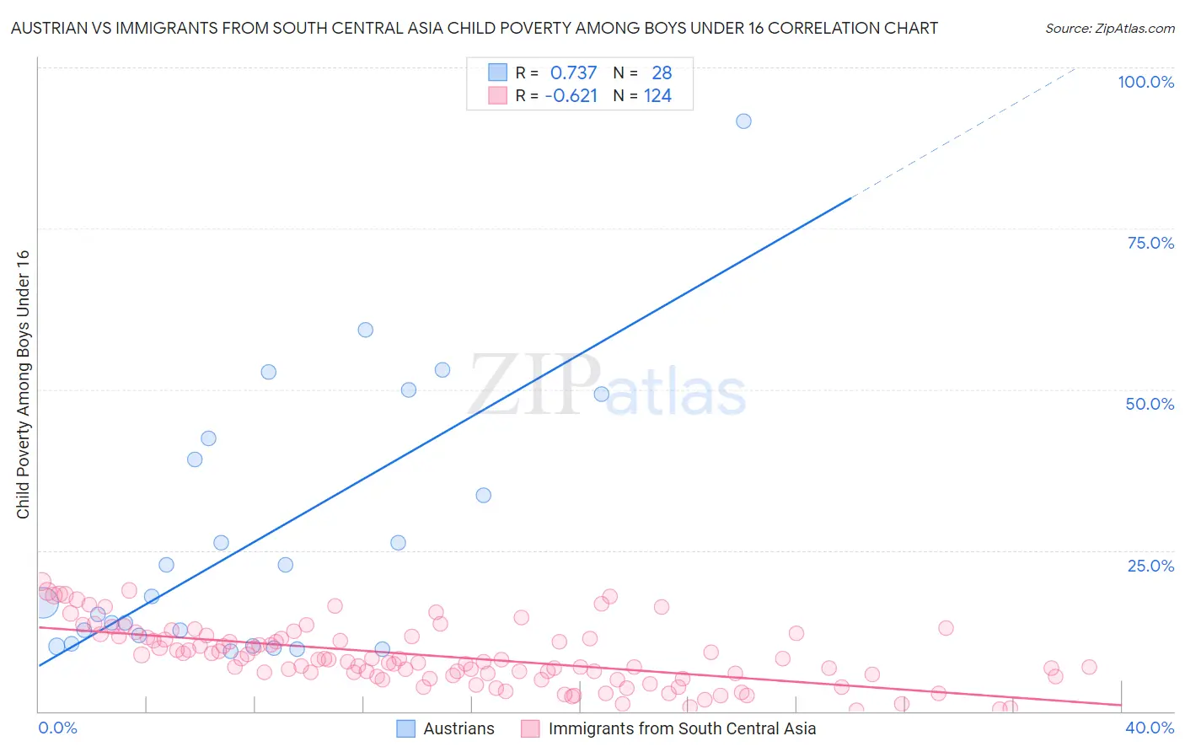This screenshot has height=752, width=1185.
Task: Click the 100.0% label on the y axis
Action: pyautogui.click(x=1145, y=82)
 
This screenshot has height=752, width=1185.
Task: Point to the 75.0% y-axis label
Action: pyautogui.click(x=1150, y=243)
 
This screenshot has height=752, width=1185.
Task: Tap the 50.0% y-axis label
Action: pyautogui.click(x=1150, y=404)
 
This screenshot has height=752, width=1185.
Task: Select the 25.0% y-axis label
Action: pyautogui.click(x=1150, y=566)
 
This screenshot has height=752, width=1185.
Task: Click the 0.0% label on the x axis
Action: pyautogui.click(x=57, y=728)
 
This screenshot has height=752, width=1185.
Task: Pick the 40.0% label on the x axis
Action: pyautogui.click(x=1150, y=728)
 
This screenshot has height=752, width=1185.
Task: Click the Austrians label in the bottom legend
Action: pyautogui.click(x=458, y=728)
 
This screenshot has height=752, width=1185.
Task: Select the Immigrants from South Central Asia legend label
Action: pyautogui.click(x=682, y=728)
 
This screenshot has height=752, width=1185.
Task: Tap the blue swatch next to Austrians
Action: pyautogui.click(x=406, y=728)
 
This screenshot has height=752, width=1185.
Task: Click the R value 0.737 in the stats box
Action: pyautogui.click(x=573, y=73)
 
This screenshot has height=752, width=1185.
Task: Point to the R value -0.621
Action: pyautogui.click(x=571, y=96)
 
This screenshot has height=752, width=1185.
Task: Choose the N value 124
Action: pyautogui.click(x=657, y=96)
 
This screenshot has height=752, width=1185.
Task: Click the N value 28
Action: pyautogui.click(x=662, y=73)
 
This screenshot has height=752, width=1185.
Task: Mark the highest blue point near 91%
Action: pyautogui.click(x=743, y=121)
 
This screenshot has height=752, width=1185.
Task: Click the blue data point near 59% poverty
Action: pyautogui.click(x=365, y=330)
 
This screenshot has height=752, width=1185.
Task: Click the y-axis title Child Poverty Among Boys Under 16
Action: pyautogui.click(x=23, y=384)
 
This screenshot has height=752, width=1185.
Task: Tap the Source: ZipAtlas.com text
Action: pyautogui.click(x=1109, y=29)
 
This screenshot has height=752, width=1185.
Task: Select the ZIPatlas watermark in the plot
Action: pyautogui.click(x=607, y=386)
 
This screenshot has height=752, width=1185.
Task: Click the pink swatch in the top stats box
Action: pyautogui.click(x=498, y=96)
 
